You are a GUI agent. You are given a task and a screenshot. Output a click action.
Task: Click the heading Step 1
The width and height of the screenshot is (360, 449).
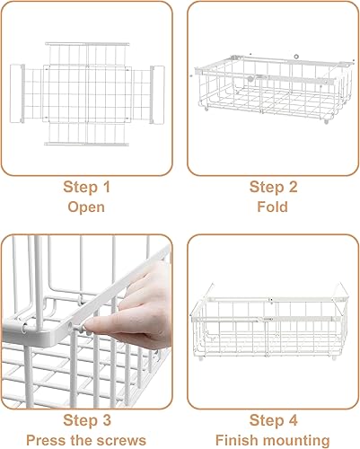86,187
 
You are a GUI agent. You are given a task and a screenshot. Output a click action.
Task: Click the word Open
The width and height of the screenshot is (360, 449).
87,207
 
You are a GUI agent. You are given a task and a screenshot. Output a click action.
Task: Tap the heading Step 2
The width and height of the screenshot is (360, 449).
272,187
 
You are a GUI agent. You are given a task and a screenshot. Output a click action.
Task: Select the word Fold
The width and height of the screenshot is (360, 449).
273,207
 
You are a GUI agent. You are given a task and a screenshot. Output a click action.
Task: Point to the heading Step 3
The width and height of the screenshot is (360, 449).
86,419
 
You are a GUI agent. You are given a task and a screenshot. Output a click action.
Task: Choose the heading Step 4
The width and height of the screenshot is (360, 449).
272,419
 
